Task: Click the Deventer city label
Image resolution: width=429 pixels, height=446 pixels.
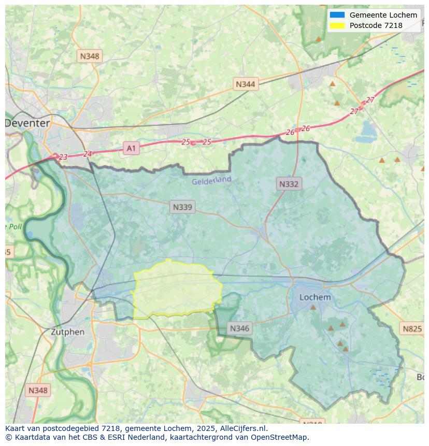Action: tap(28, 123)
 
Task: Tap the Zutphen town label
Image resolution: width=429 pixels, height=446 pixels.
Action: tap(67, 332)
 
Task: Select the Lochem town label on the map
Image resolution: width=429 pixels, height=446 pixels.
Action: tap(315, 297)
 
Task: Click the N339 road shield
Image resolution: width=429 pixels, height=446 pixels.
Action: tap(182, 207)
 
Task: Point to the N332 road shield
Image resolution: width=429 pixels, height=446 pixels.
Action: tap(289, 184)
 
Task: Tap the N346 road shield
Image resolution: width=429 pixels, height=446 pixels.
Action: tap(239, 328)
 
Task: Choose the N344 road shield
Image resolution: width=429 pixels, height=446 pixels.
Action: tap(245, 84)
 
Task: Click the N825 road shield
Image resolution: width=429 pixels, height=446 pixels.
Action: tap(412, 328)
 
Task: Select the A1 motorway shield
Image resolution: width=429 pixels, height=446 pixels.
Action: tap(131, 149)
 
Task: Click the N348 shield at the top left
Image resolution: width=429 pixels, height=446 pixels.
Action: tap(89, 56)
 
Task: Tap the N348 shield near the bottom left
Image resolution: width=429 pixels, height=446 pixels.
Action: tap(38, 390)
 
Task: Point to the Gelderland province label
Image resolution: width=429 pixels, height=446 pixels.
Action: tap(211, 180)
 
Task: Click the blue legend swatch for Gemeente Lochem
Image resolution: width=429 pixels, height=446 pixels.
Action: tap(337, 15)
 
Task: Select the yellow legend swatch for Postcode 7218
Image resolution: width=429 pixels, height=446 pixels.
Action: tap(337, 25)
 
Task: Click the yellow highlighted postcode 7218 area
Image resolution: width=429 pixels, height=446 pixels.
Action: tap(176, 290)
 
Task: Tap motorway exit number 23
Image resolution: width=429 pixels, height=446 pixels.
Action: tap(63, 157)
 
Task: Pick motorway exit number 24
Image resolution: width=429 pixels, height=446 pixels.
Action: tap(87, 154)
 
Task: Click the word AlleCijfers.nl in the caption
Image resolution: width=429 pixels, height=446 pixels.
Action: tap(242, 428)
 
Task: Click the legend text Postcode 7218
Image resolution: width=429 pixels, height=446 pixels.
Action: tap(376, 25)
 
